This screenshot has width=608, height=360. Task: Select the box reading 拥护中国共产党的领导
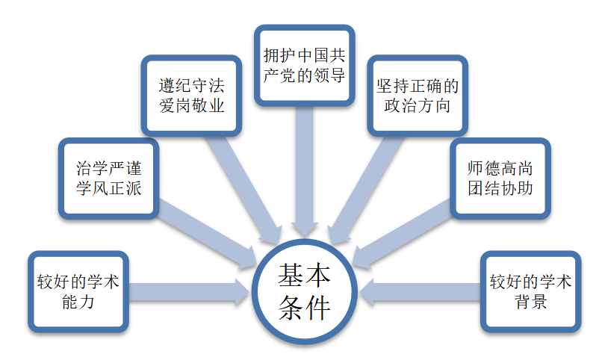point(304,65)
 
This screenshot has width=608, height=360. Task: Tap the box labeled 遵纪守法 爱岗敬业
point(192,95)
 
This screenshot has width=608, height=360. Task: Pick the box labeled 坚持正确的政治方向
point(417,95)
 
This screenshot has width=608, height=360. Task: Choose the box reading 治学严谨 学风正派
point(108,178)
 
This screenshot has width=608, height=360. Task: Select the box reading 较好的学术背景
point(531,292)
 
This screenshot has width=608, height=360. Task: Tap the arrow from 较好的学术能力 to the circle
point(187,292)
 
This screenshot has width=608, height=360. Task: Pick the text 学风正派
point(108,188)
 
